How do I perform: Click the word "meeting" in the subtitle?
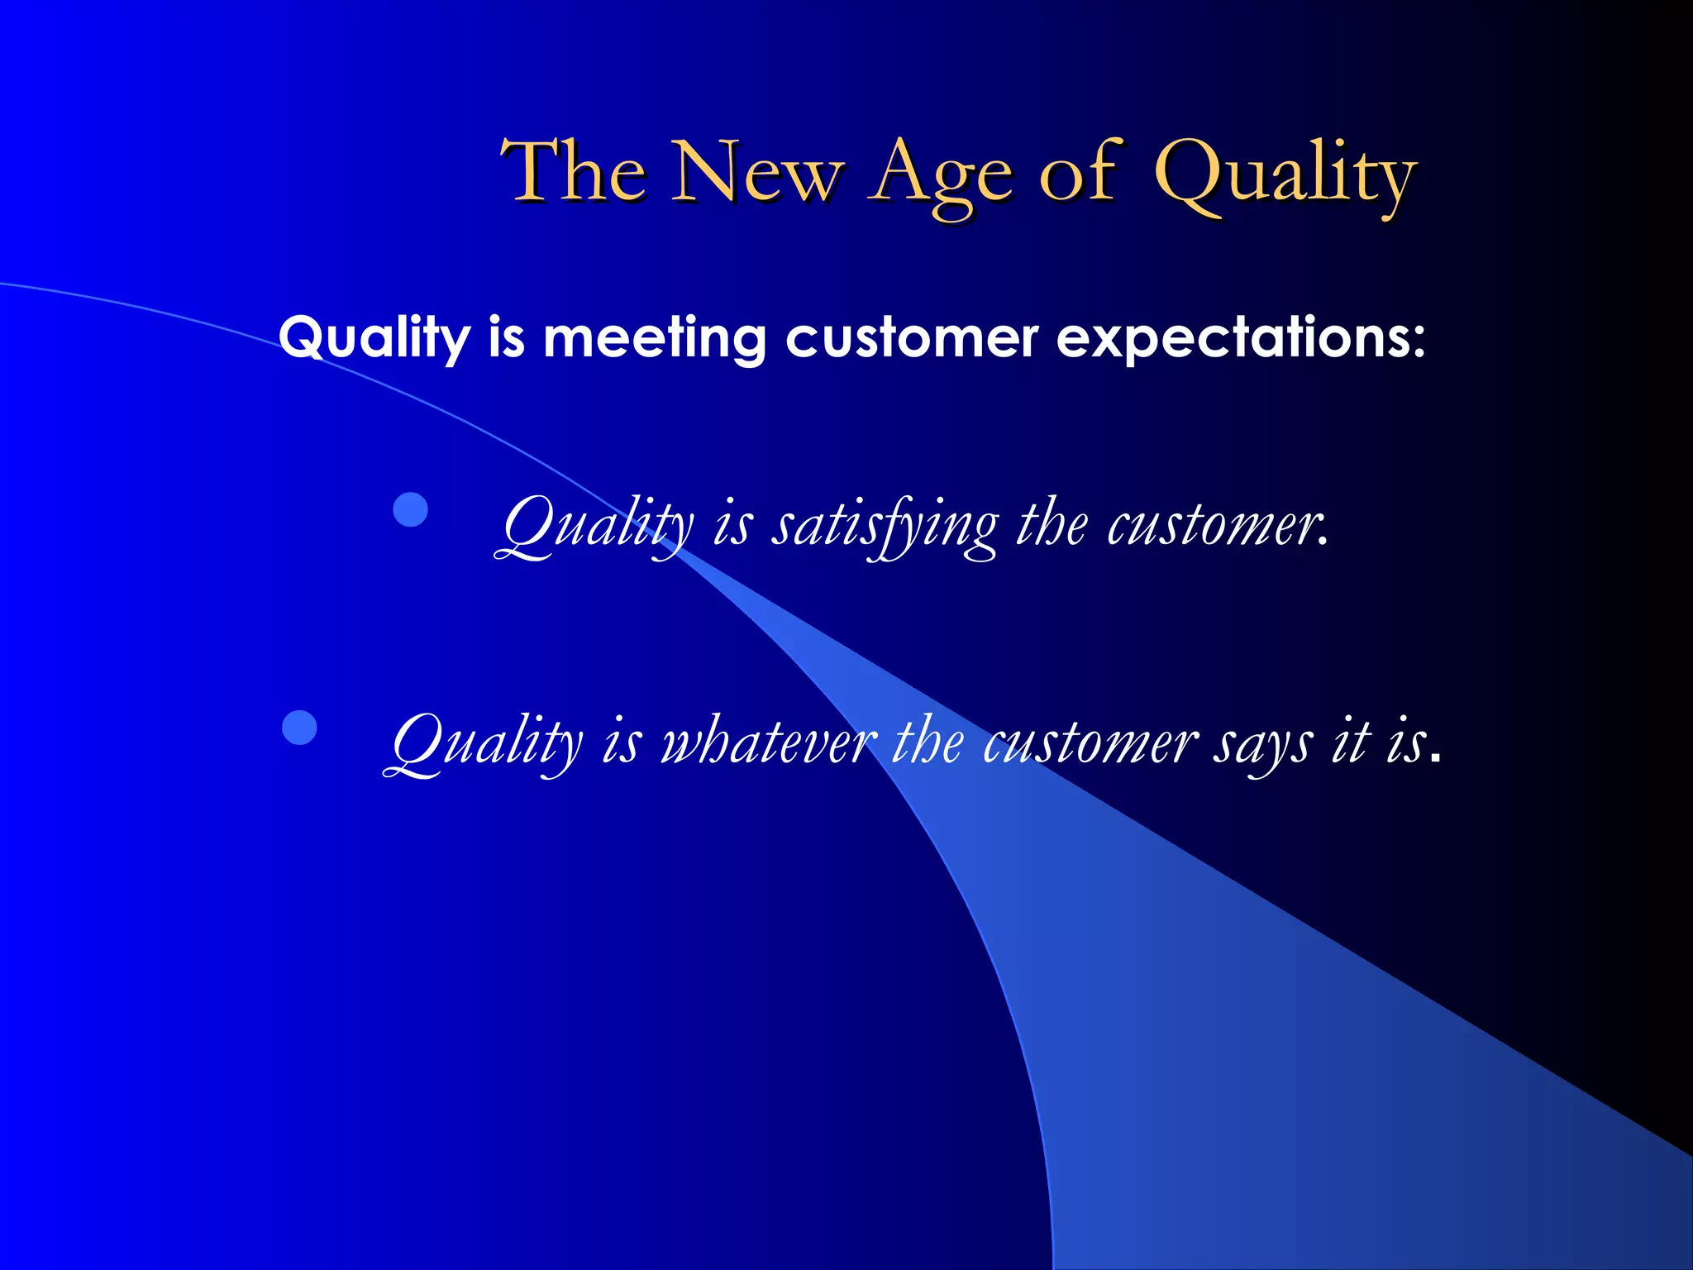pos(654,338)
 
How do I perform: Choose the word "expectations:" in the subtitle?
pos(1241,338)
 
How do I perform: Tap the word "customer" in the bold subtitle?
pos(911,338)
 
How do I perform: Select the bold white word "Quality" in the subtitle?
pos(374,338)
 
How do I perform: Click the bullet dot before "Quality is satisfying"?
pos(410,509)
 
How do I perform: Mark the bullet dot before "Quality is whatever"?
pos(299,728)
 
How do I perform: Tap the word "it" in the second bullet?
pos(1351,740)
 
